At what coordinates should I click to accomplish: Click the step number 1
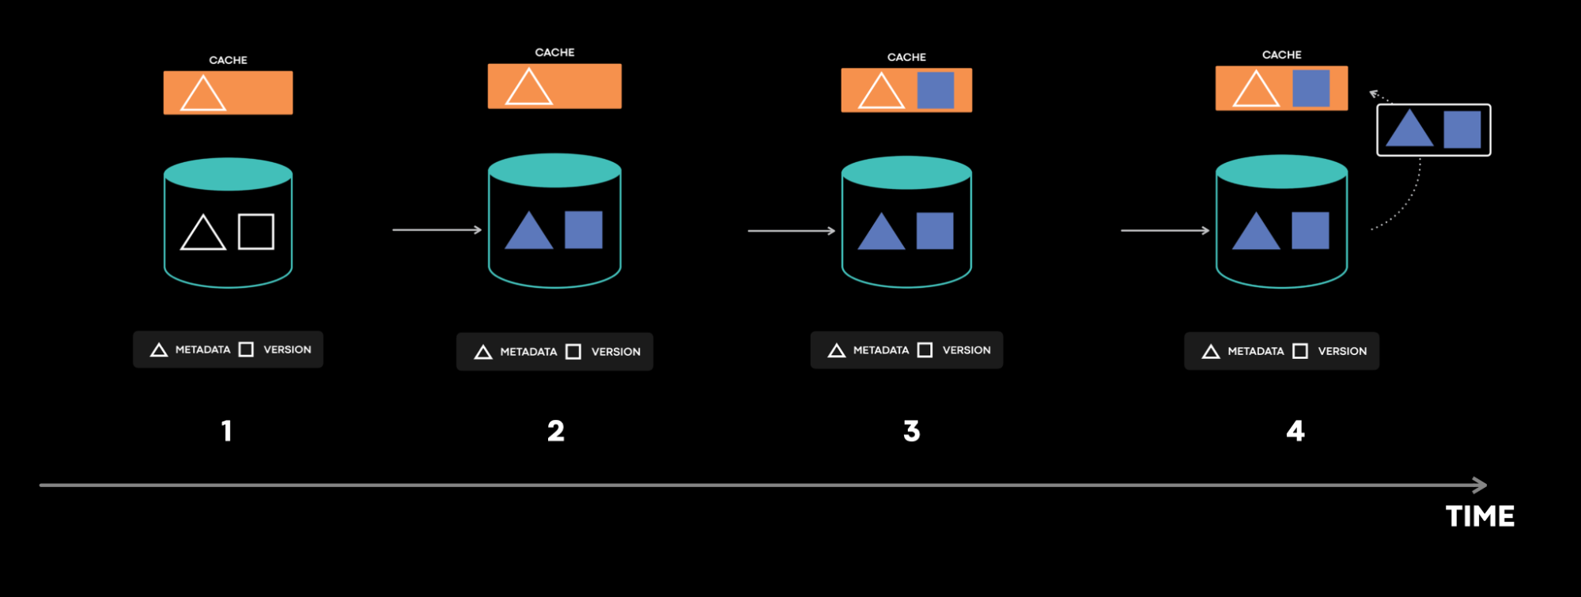(x=227, y=431)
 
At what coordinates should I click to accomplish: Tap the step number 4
(x=1295, y=431)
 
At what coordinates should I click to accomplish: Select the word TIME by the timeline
(x=1480, y=516)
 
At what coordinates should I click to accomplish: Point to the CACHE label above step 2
(x=554, y=52)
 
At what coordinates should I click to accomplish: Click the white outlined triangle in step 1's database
(x=203, y=233)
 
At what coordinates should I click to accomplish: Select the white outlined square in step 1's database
(x=256, y=232)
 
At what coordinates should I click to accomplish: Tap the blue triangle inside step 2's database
(x=528, y=232)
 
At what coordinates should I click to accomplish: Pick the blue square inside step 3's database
(x=935, y=231)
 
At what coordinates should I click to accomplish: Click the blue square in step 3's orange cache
(x=936, y=90)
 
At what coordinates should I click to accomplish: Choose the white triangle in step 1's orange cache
(x=203, y=94)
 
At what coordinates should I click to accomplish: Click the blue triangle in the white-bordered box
(x=1409, y=130)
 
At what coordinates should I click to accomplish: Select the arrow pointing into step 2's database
(x=437, y=229)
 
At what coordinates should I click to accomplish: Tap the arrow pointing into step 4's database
(x=1165, y=230)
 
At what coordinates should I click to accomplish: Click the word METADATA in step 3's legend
(x=881, y=350)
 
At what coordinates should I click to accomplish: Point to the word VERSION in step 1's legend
(x=287, y=350)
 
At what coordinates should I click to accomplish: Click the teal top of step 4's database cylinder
(x=1281, y=172)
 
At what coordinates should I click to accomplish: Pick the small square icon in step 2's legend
(x=573, y=352)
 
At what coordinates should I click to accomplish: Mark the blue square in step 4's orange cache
(x=1311, y=89)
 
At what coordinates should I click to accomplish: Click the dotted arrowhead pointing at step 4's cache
(x=1375, y=94)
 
